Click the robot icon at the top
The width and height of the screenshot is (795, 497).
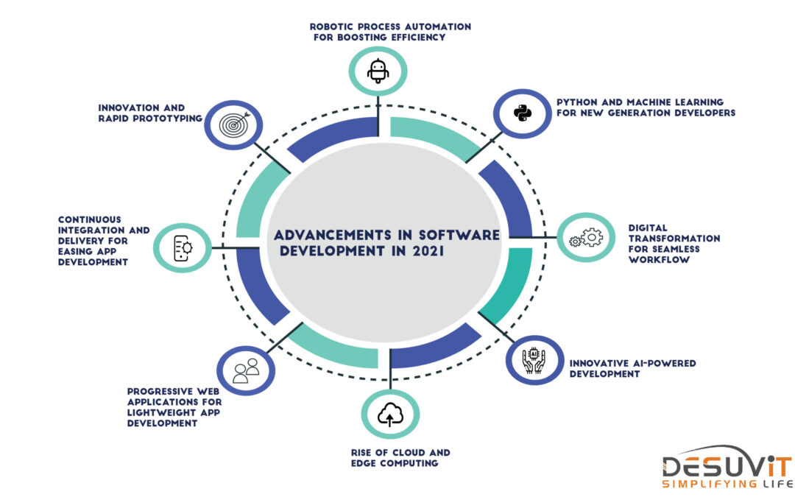(378, 71)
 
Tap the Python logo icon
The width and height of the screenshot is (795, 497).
(522, 113)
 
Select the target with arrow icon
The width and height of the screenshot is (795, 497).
(234, 124)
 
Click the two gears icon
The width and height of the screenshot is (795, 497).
(586, 237)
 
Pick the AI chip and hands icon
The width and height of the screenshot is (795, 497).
(534, 360)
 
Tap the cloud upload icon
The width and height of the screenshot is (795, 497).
(390, 415)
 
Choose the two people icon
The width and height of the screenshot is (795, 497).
(246, 370)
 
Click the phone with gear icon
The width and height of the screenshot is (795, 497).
(183, 248)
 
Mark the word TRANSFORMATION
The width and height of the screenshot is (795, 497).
(674, 239)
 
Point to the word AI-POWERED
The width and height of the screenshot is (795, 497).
(664, 363)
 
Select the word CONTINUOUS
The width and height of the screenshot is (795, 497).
(90, 219)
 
